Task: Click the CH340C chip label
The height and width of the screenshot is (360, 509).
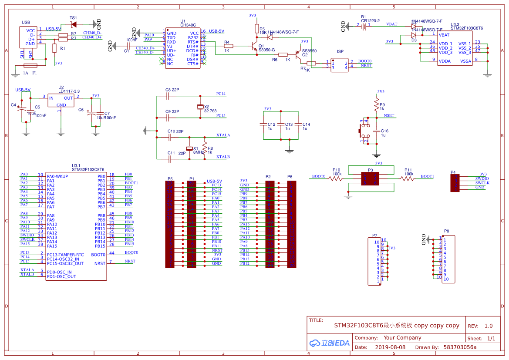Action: (x=188, y=25)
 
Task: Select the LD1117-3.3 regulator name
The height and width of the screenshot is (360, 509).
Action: (x=69, y=91)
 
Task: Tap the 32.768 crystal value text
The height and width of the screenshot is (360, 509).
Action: (x=210, y=111)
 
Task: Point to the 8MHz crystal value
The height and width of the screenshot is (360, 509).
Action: (x=198, y=152)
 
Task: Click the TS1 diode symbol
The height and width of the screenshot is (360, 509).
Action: (x=74, y=24)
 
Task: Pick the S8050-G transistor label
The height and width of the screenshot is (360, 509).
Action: (x=266, y=50)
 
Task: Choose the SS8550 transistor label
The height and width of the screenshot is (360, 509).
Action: (x=310, y=51)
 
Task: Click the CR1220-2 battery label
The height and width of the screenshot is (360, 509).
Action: (x=370, y=20)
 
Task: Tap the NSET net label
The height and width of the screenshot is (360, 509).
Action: (x=389, y=116)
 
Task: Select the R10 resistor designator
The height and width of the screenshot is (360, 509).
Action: (x=336, y=170)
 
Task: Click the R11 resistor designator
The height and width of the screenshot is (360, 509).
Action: (x=408, y=170)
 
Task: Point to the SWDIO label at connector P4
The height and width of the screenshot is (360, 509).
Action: (x=482, y=178)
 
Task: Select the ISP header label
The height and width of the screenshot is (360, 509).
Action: (x=340, y=51)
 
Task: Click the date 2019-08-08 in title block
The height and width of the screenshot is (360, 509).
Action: (x=390, y=347)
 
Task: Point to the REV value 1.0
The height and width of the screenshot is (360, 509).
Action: (x=488, y=326)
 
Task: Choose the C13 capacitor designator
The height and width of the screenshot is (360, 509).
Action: (x=289, y=124)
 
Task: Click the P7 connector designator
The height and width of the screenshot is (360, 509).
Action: (x=374, y=235)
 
